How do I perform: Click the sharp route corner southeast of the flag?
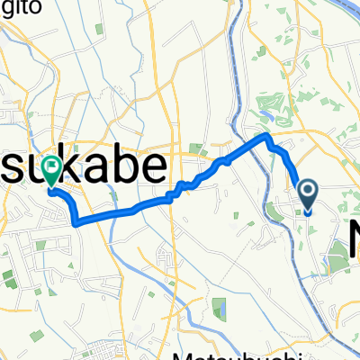pos(75,220)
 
